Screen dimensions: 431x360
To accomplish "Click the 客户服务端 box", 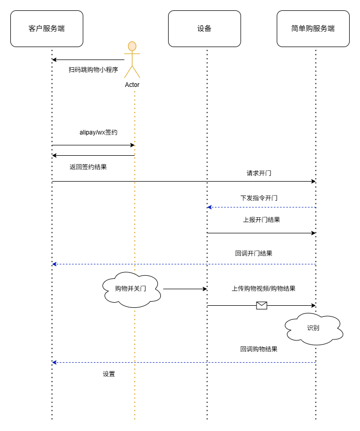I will pos(47,28).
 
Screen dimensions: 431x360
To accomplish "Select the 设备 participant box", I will pos(204,28).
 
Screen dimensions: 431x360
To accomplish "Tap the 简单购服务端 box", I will pos(313,28).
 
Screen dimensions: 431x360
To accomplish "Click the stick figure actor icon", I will pos(132,60).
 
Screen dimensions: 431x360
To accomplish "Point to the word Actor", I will pos(132,85).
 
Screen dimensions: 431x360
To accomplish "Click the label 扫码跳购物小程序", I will pos(94,69).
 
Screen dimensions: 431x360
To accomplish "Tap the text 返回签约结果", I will pos(88,167).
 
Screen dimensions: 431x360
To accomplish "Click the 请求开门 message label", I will pos(259,173).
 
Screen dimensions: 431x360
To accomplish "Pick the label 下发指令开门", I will pos(259,198).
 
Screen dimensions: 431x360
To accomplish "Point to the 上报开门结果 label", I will pos(262,219).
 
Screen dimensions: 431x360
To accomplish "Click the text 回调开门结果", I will pos(253,254).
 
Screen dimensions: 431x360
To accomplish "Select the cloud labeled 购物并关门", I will pos(131,289).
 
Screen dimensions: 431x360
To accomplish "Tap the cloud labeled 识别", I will pos(313,328).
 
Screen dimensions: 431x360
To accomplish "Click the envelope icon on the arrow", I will pos(262,305).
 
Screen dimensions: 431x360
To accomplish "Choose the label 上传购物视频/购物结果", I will pos(263,289).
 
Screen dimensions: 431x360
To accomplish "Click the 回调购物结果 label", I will pos(259,349).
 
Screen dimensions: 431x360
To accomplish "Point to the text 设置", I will pos(109,374).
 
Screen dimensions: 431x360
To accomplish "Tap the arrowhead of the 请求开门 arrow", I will pos(313,181).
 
